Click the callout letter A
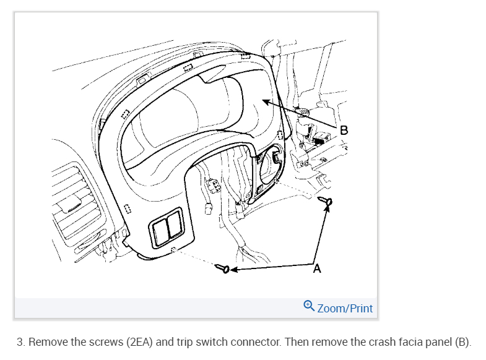point(318,269)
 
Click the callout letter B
point(344,131)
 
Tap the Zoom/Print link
point(345,307)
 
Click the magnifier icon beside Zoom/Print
point(309,306)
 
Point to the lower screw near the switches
point(223,269)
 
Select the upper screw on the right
point(328,202)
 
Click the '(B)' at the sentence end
point(462,342)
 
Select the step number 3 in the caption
point(20,342)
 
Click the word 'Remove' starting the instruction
point(46,342)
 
